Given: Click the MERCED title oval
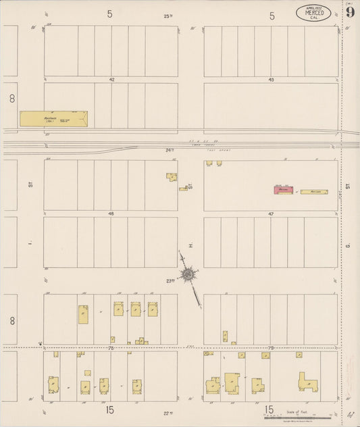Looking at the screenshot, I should [313, 13].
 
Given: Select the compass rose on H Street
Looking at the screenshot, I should [188, 274].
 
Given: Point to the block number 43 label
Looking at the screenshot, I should [271, 80].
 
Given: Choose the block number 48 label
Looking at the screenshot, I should [111, 214].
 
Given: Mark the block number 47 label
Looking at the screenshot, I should [271, 214].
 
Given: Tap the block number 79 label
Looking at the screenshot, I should [271, 348].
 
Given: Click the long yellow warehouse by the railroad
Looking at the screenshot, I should [53, 119].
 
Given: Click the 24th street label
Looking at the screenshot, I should [170, 150].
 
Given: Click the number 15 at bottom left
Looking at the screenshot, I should [109, 409].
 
